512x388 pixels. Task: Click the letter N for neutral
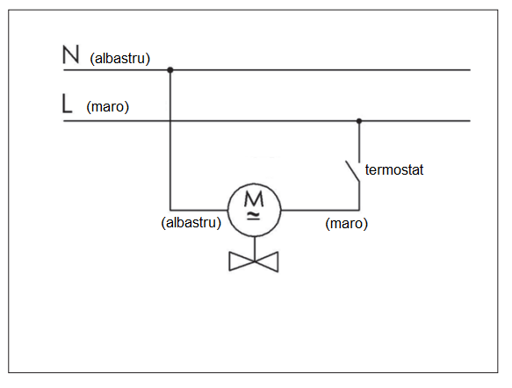pos(70,54)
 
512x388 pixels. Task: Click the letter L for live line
pos(67,104)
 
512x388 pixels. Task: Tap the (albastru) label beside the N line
pos(119,59)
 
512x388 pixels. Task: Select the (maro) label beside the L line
pos(108,107)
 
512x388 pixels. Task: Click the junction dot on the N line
pos(170,70)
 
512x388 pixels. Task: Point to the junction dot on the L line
pos(359,121)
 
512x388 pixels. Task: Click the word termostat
pos(394,169)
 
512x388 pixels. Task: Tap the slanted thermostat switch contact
pos(353,171)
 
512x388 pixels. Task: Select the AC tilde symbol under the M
pos(254,216)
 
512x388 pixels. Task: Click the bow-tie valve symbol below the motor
pos(254,262)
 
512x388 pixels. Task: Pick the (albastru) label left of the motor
pos(191,223)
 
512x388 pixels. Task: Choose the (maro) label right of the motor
pos(346,224)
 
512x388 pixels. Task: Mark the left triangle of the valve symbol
pos(239,262)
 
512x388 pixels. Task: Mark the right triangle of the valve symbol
pos(269,262)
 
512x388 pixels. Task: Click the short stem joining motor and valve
pos(255,248)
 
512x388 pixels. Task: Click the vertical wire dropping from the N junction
pos(170,140)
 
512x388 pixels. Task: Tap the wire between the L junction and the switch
pos(359,141)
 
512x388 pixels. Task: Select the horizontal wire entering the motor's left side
pos(198,210)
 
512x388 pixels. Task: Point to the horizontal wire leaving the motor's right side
pos(320,210)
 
